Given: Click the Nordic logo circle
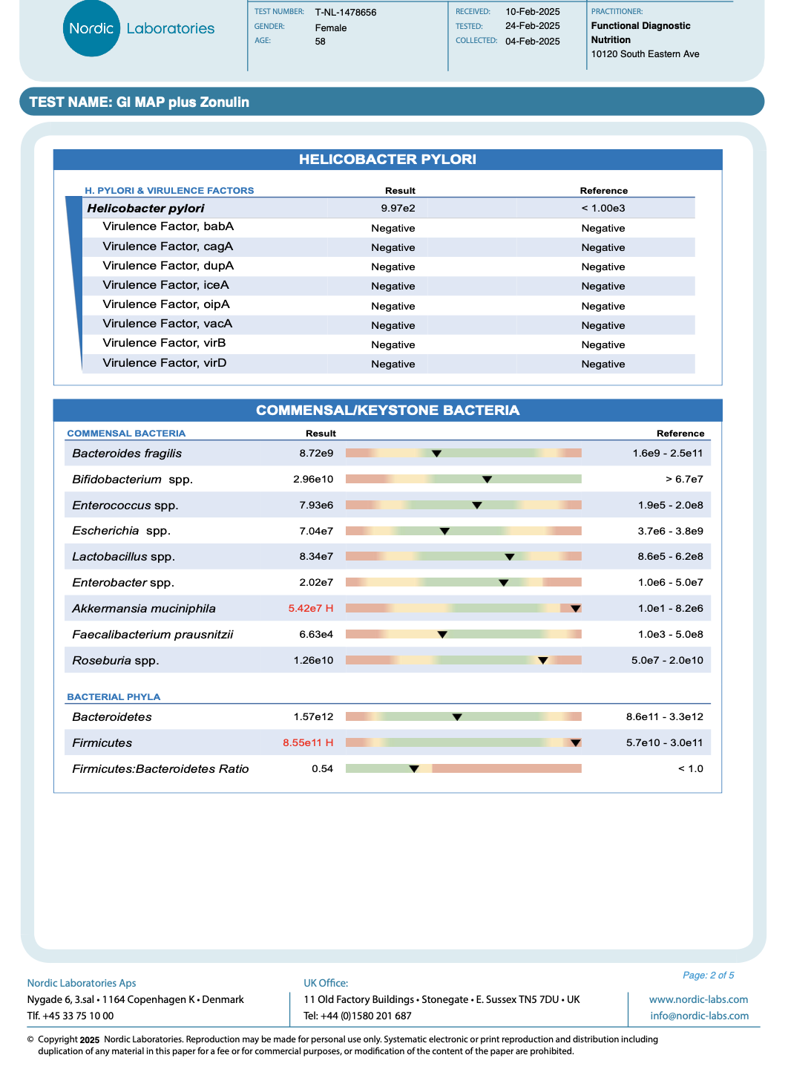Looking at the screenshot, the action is (x=91, y=27).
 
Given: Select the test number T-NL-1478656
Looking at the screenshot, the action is (x=345, y=12).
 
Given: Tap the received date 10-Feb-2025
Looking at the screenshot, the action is (x=532, y=12).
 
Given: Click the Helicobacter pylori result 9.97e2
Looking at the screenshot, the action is (x=398, y=209).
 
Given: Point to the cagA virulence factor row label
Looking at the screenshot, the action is (x=168, y=246).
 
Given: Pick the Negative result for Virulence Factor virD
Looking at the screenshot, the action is (x=393, y=364).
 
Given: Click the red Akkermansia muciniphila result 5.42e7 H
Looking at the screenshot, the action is (x=310, y=608).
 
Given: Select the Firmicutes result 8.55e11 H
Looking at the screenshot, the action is (x=307, y=742).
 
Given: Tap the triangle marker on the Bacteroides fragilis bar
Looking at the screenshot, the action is (x=436, y=454).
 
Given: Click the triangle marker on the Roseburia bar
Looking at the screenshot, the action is (x=542, y=661).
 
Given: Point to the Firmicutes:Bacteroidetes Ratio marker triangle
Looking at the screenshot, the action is (x=414, y=769).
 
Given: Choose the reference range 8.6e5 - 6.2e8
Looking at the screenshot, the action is (x=670, y=556).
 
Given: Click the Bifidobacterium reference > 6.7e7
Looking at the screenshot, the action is (x=684, y=479).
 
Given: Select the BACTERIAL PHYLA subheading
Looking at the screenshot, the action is (x=114, y=697).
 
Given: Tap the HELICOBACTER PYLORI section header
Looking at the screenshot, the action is (x=387, y=160).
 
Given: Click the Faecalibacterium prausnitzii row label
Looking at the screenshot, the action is (x=153, y=635).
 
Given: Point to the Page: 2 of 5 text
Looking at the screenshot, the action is (x=708, y=976).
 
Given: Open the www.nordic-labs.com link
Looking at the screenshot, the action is (x=698, y=1000).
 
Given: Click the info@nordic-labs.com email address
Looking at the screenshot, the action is (x=699, y=1016).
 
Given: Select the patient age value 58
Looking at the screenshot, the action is (x=320, y=42).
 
